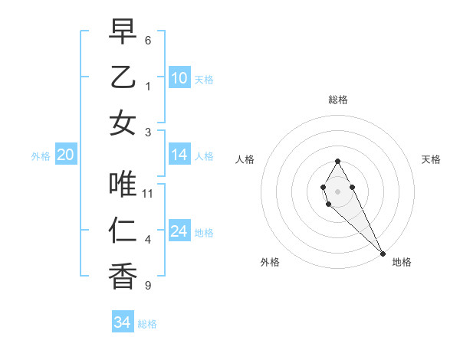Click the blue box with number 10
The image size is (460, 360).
tap(179, 78)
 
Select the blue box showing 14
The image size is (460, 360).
tap(179, 155)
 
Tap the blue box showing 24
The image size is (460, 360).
tap(179, 232)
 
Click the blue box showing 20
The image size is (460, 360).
tap(65, 155)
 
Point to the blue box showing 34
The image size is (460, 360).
tap(122, 323)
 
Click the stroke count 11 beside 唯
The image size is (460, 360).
tap(148, 193)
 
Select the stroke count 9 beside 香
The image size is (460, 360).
tap(148, 286)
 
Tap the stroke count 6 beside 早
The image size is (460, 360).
tap(148, 40)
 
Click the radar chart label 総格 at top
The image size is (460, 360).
tap(337, 100)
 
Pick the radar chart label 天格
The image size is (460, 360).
tap(431, 159)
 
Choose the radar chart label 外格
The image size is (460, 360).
tap(270, 263)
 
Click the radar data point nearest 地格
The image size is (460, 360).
tap(383, 253)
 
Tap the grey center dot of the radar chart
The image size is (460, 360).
tap(337, 191)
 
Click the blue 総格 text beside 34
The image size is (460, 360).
tap(147, 324)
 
